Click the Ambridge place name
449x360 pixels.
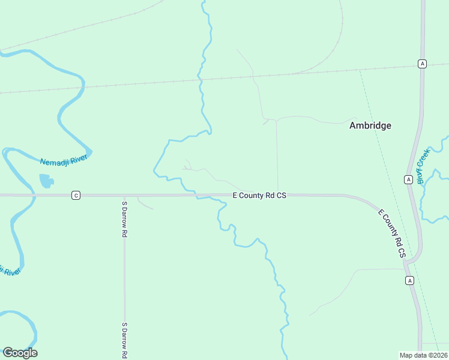tap(370, 125)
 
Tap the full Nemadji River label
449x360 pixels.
tap(64, 160)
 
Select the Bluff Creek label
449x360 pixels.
tap(424, 165)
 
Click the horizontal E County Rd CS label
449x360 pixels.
tap(259, 195)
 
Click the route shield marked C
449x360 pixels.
tap(76, 195)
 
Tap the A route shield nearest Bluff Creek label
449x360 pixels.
tap(408, 179)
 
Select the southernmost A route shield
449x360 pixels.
tap(409, 280)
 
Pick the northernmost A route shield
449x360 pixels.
tap(423, 64)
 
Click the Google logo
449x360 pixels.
tap(20, 353)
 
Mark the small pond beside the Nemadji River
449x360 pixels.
tap(46, 181)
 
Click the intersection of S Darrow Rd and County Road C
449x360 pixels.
tap(124, 195)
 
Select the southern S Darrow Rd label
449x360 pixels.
tap(124, 340)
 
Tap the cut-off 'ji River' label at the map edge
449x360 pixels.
tap(10, 271)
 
